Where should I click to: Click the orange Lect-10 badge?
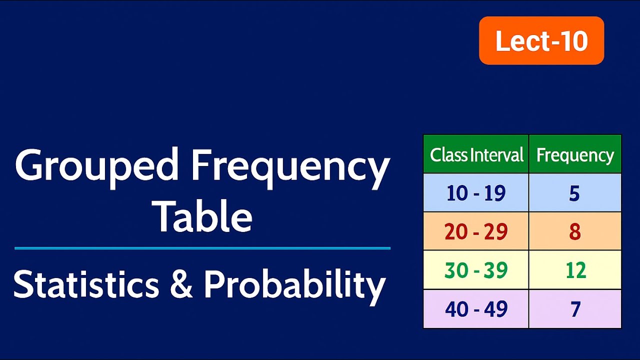[x=541, y=40]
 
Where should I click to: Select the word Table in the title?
[x=202, y=216]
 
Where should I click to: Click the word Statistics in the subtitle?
[x=86, y=285]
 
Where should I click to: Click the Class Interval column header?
[x=476, y=155]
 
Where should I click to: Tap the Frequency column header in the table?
[x=575, y=155]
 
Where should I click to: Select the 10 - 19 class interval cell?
[x=476, y=193]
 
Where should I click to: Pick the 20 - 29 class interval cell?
[x=476, y=231]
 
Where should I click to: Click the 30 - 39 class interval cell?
[x=476, y=270]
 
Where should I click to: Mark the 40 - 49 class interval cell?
[x=476, y=309]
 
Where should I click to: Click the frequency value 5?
[x=574, y=193]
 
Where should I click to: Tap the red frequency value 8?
[x=574, y=231]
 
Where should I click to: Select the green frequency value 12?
[x=575, y=270]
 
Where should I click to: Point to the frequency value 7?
[x=575, y=309]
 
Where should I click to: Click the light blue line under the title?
[x=202, y=248]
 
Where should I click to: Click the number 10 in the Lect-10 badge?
[x=574, y=41]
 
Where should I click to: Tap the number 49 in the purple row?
[x=495, y=309]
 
